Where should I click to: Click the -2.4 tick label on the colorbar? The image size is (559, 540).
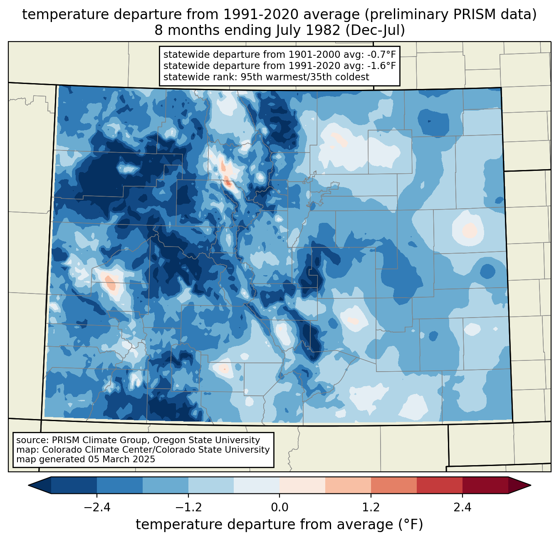tap(97, 508)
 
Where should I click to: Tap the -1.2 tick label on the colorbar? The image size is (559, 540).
tap(188, 508)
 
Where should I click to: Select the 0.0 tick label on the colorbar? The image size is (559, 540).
tap(279, 508)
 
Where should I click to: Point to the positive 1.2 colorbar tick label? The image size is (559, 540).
tap(371, 508)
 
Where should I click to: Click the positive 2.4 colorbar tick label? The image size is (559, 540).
tap(462, 508)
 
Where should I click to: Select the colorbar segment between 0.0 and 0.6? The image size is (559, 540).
tap(302, 485)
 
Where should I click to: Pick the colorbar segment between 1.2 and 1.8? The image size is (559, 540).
tap(394, 485)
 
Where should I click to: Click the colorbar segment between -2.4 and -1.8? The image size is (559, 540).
tap(120, 485)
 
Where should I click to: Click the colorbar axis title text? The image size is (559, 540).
tap(279, 525)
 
